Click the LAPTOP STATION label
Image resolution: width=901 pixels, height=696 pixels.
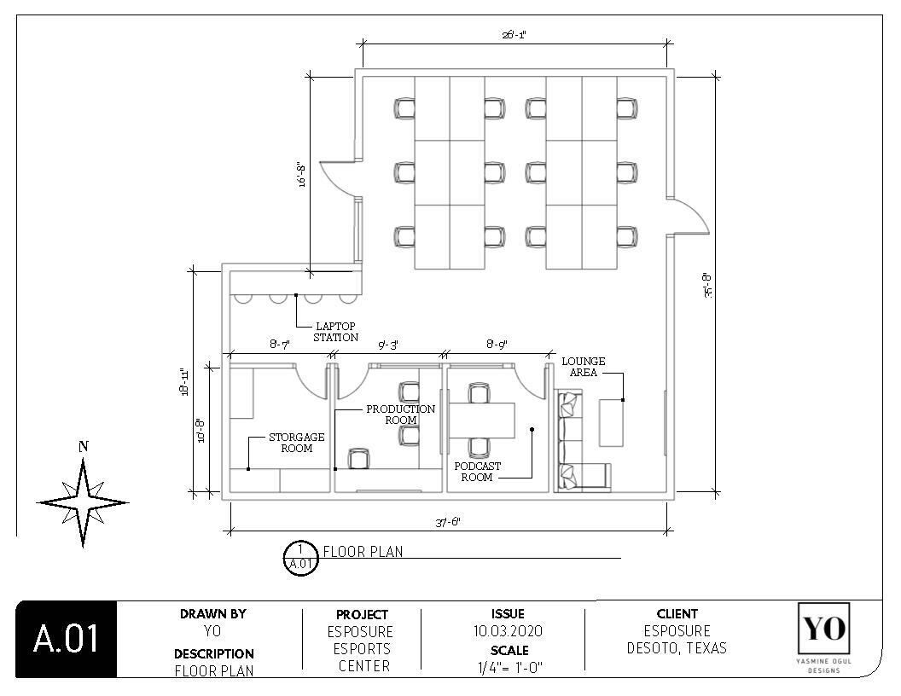335,332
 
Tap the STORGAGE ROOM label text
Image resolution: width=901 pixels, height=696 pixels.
296,442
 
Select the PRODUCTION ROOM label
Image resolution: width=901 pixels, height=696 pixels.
400,415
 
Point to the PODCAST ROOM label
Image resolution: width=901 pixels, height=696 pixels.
477,472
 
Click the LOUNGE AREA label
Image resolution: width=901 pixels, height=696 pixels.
584,367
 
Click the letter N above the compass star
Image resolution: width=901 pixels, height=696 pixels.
83,446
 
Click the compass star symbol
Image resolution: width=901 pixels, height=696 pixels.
83,502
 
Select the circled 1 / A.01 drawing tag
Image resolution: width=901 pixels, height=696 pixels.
300,558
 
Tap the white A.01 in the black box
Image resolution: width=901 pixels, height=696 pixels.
66,640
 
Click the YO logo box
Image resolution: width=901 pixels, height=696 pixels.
823,632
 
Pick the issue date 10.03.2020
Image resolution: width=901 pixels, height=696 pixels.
508,631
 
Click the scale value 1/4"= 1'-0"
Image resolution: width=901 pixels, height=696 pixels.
509,667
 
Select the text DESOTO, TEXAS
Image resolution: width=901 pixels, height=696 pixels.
677,648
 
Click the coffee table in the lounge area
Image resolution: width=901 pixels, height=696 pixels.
611,421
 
